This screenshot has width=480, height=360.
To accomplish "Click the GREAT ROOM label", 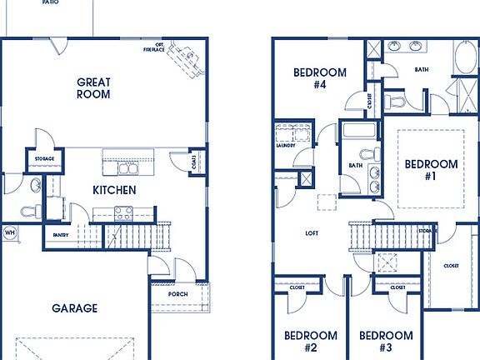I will [94, 88].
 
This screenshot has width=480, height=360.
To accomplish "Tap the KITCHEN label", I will [114, 190].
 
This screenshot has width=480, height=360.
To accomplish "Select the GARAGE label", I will [74, 307].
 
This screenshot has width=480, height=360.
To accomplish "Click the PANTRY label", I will [61, 235].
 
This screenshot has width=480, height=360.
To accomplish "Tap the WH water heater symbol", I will [10, 232].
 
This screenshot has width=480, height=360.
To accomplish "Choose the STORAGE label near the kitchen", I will [44, 158].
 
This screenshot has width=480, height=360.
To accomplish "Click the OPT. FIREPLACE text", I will [153, 47].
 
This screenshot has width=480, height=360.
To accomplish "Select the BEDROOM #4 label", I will [320, 78].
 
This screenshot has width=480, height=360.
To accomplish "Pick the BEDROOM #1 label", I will [431, 170].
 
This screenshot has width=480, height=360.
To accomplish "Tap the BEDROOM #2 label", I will [311, 342].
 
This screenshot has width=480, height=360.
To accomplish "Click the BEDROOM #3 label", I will [386, 342].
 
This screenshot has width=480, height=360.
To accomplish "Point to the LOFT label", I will [312, 233].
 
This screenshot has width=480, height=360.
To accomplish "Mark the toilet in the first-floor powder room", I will [32, 210].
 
